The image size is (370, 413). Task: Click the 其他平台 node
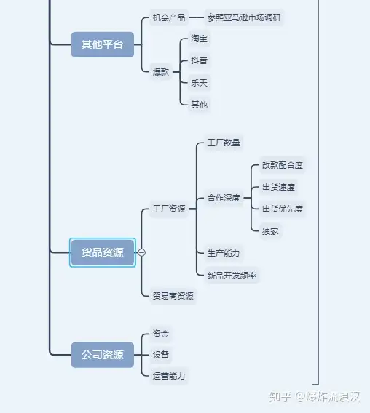[103, 44]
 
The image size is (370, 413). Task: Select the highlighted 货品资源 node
[103, 252]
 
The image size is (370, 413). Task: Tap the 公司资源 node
[103, 355]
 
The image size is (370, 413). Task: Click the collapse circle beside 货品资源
[142, 252]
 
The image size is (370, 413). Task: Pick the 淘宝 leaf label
[200, 39]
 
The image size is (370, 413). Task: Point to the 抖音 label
[200, 60]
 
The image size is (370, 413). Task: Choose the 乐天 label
[200, 83]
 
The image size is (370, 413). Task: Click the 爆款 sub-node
[161, 72]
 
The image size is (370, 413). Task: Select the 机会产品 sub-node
[169, 17]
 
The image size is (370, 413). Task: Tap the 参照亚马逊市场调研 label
[244, 17]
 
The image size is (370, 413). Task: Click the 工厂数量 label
[224, 143]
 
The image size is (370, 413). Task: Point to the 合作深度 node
[224, 198]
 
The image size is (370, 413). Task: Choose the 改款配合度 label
[283, 165]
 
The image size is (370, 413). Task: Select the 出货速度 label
[278, 188]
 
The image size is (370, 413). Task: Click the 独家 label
[270, 231]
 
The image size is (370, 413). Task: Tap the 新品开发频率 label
[232, 276]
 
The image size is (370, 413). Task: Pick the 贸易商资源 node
[173, 296]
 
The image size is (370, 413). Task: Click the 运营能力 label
[169, 376]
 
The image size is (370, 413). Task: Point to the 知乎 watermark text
[280, 397]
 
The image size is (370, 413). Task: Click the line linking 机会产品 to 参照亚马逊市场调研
[197, 17]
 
